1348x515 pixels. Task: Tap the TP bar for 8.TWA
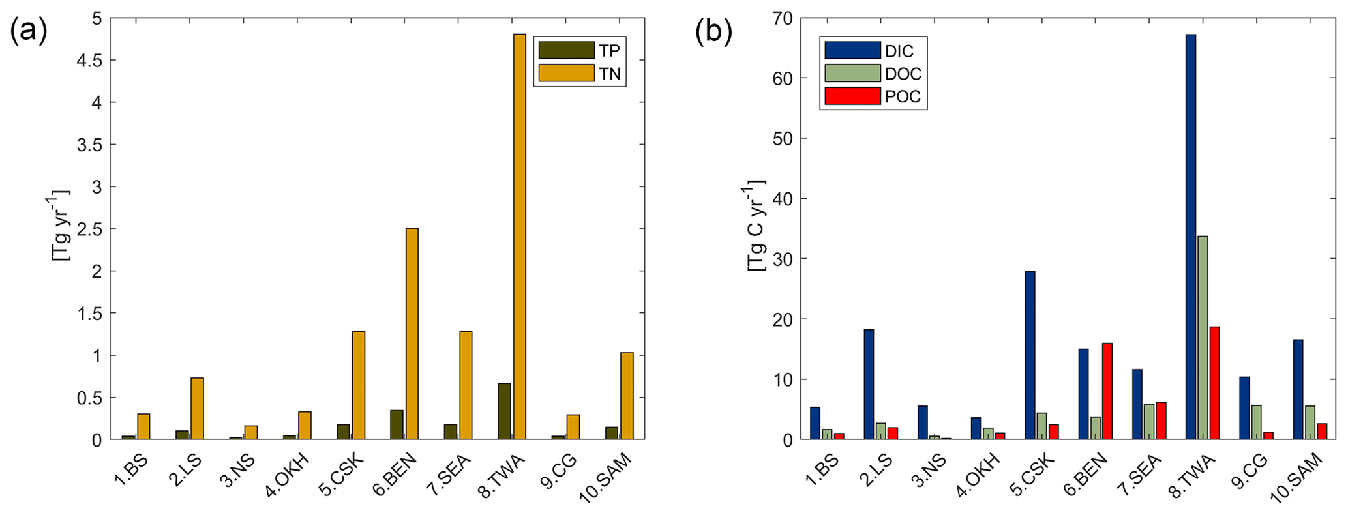pos(504,411)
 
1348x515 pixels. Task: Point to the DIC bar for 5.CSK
pos(1030,355)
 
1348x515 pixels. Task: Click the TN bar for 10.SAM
pos(627,396)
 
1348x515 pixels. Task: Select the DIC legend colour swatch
pos(852,51)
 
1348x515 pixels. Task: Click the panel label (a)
pos(28,31)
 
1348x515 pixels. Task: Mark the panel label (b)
pos(713,31)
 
